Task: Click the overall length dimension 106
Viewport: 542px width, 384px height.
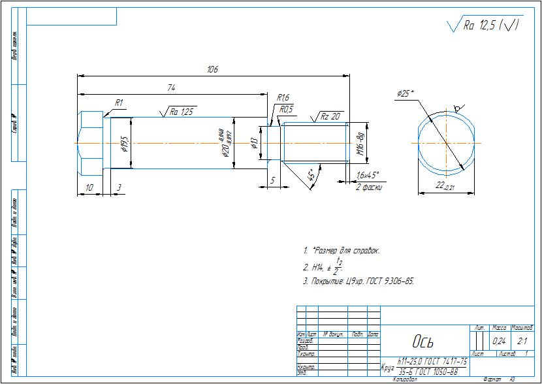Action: (x=212, y=69)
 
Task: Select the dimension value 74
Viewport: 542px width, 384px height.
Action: (x=172, y=87)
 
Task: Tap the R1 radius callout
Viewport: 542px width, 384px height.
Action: (x=119, y=103)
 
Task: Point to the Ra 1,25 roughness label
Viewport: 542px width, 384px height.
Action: (x=183, y=112)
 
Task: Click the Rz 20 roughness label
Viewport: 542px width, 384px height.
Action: (x=331, y=116)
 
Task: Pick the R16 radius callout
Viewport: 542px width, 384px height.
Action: (x=283, y=98)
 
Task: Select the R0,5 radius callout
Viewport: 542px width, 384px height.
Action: (x=286, y=109)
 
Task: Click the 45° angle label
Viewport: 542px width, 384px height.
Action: (x=312, y=176)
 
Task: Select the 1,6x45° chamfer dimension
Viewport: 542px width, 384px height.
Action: (x=368, y=175)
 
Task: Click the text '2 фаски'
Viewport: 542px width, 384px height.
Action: (x=368, y=187)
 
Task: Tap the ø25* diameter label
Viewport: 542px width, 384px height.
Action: (x=405, y=93)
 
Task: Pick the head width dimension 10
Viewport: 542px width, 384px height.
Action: (x=89, y=188)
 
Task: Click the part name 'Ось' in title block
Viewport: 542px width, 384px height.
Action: (x=422, y=341)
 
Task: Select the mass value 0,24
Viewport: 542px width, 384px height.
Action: (x=499, y=341)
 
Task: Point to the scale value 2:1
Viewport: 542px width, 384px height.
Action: (x=522, y=341)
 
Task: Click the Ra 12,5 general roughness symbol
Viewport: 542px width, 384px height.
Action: (x=485, y=25)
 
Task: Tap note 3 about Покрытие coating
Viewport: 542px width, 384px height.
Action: (x=359, y=281)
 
